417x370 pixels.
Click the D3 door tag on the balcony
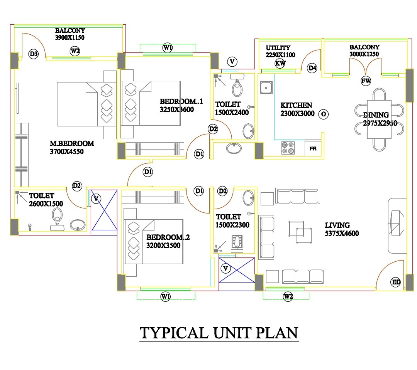point(34,54)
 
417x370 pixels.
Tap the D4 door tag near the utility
point(312,68)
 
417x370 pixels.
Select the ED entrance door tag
point(396,282)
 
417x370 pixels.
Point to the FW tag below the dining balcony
point(366,81)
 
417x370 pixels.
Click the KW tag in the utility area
point(280,64)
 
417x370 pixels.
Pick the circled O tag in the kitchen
point(324,114)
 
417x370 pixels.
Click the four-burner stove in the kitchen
point(287,148)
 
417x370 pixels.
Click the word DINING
point(376,115)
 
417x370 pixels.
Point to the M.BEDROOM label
point(72,143)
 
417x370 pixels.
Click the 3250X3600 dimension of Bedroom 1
point(177,109)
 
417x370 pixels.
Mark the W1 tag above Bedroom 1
point(167,48)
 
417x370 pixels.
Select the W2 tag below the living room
point(288,296)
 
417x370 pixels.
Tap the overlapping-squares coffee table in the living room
point(300,232)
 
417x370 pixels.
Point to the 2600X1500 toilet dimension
point(46,203)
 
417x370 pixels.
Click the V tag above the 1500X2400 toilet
point(232,61)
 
